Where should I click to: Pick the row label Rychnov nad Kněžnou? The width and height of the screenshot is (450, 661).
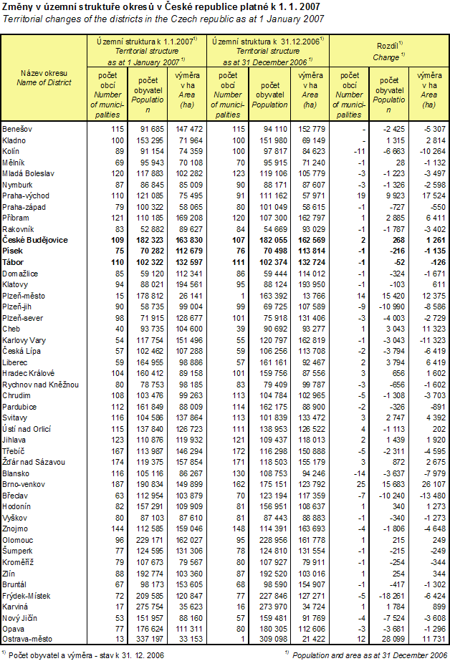click(39, 384)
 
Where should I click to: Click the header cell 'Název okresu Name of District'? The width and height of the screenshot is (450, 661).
click(44, 78)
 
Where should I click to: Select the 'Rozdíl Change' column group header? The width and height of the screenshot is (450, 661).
click(390, 49)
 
